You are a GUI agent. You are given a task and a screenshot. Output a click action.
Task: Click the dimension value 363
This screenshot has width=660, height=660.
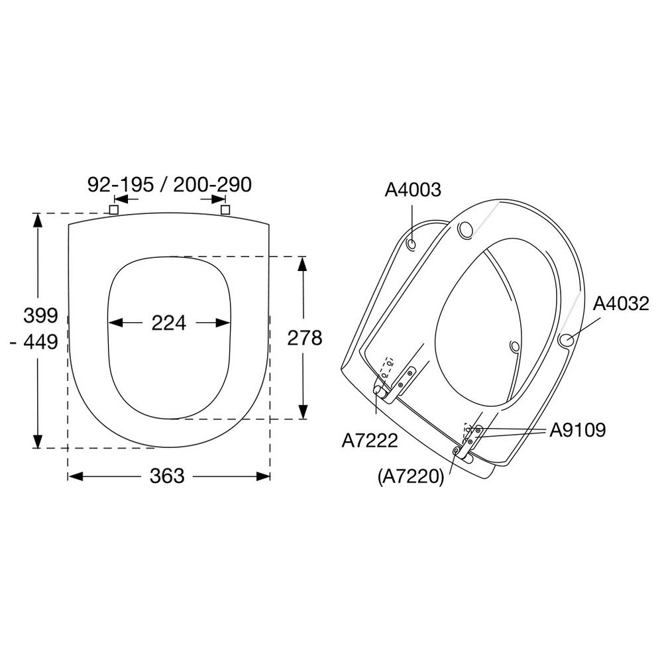(167, 476)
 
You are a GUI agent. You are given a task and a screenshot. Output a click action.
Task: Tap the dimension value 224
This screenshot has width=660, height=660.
(168, 323)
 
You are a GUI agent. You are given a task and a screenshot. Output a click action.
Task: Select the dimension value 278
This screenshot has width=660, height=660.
(304, 337)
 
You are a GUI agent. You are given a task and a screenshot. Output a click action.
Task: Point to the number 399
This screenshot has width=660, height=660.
(40, 315)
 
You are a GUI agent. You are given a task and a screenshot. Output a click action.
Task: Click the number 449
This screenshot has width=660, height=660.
(40, 342)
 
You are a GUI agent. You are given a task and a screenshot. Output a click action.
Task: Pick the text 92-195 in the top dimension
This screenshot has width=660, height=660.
(121, 184)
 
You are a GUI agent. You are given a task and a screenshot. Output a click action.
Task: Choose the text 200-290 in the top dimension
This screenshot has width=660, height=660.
(213, 184)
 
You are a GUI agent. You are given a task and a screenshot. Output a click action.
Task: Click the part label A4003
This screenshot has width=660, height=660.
(412, 190)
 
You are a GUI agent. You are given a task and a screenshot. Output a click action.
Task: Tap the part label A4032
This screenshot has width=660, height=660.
(621, 303)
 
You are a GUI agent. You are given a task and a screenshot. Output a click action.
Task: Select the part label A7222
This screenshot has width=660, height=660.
(370, 441)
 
